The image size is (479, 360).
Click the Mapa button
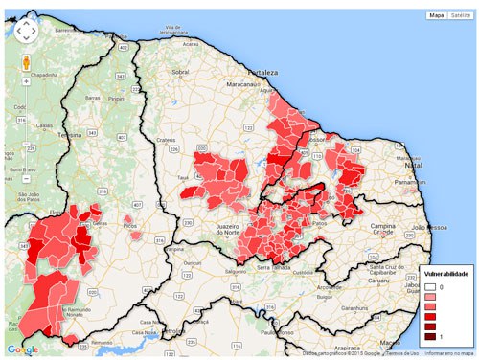(437, 16)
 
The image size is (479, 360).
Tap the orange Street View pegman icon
(26, 62)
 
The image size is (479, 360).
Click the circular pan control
(26, 31)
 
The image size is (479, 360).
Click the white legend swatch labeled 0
(431, 286)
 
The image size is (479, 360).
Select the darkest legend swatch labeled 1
(431, 336)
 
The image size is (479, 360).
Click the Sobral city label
(180, 72)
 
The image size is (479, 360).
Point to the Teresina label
(70, 136)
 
